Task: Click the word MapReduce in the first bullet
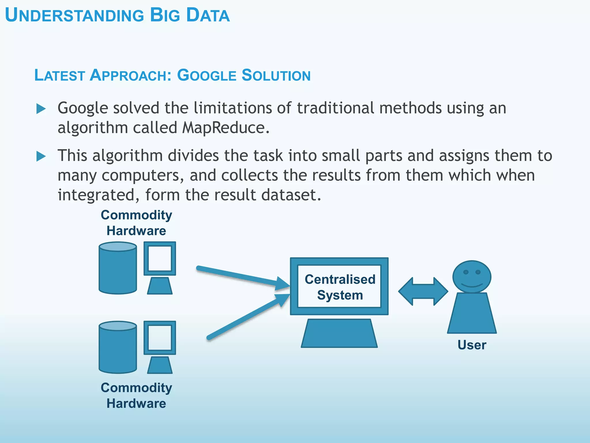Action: point(223,127)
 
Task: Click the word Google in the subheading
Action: point(206,76)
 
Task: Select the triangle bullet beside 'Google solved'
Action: point(41,109)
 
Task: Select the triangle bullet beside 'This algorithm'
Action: point(41,156)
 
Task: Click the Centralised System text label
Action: point(340,287)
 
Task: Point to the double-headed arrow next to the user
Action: point(423,291)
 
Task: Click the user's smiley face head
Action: point(472,276)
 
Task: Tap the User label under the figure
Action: point(472,345)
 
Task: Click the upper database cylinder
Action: point(118,268)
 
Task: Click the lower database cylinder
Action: point(118,348)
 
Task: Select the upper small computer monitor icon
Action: point(160,259)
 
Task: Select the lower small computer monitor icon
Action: point(160,338)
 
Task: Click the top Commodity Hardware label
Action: point(136,223)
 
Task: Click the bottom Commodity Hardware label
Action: point(136,395)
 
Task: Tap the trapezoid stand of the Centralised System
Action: point(339,334)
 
